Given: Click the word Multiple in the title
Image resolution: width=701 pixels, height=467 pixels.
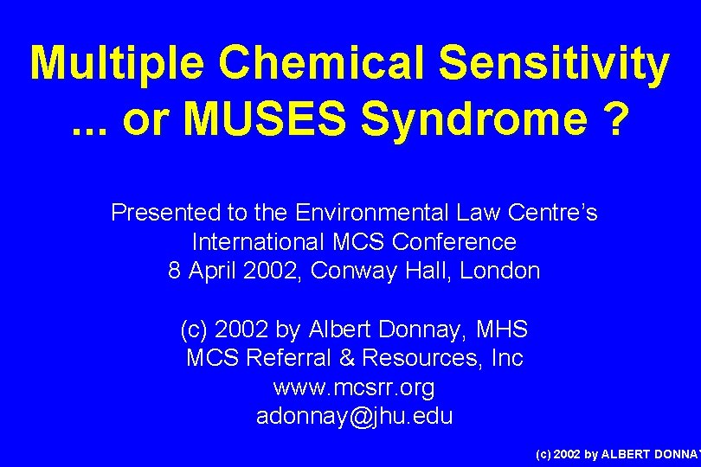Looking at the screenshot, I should click(x=118, y=63).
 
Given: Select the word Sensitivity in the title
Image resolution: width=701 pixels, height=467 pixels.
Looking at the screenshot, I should click(x=555, y=63).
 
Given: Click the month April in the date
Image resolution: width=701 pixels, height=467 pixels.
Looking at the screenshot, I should click(x=212, y=272).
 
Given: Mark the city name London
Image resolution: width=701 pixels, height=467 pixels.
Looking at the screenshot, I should click(x=499, y=272).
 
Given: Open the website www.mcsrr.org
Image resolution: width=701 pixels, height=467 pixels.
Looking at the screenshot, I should click(x=354, y=387).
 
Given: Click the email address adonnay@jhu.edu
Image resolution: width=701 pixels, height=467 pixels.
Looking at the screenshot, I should click(x=354, y=416).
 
